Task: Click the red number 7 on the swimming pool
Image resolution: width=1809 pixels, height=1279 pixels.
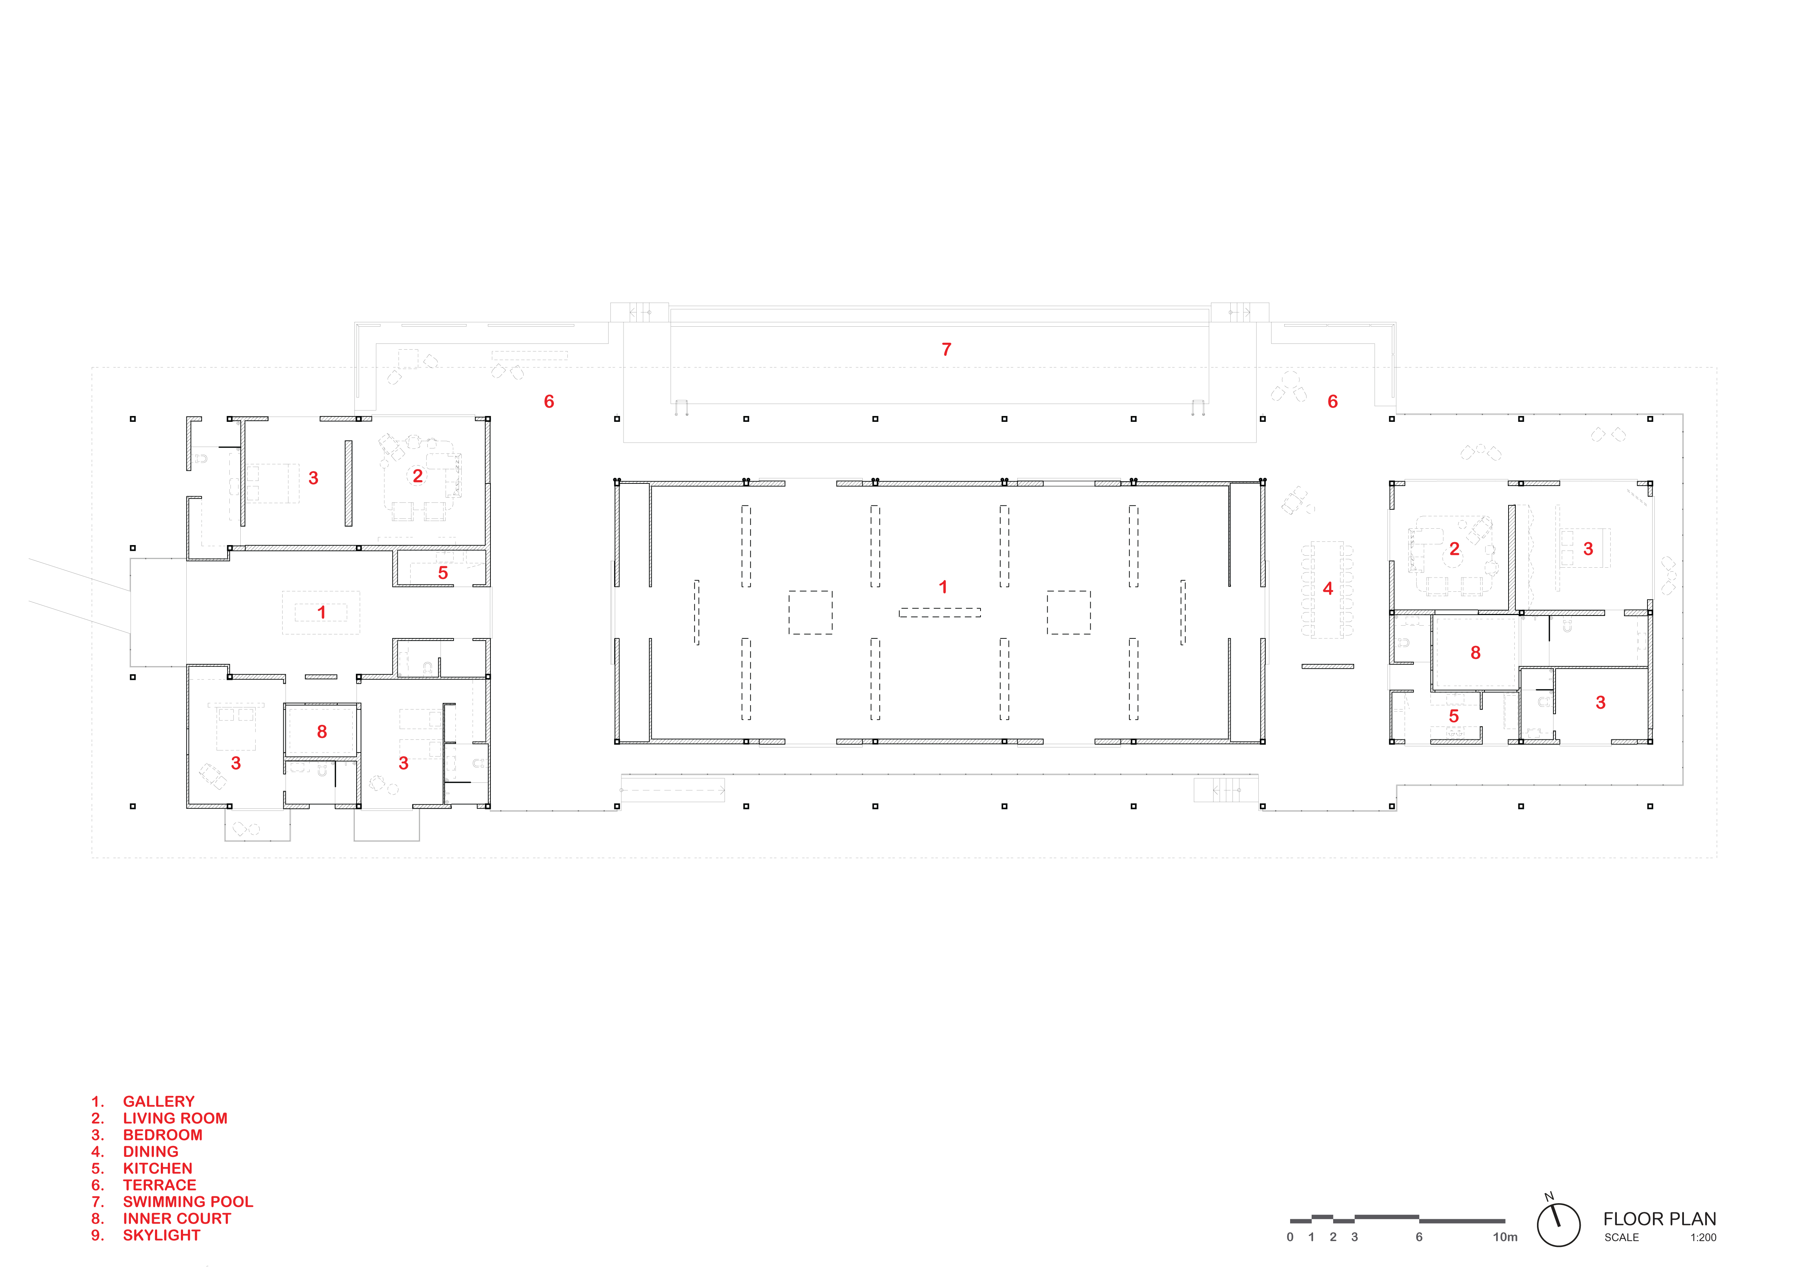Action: point(946,350)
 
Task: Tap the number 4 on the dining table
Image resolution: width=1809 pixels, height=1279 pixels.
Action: point(1328,588)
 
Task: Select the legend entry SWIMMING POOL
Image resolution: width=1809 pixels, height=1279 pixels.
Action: point(187,1202)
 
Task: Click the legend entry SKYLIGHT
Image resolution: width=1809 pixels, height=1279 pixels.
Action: point(162,1235)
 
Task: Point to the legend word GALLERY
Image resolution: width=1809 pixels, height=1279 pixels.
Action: point(158,1102)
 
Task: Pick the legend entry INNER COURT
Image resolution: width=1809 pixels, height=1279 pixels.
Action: point(176,1218)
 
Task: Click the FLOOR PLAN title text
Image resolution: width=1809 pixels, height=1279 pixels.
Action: point(1659,1219)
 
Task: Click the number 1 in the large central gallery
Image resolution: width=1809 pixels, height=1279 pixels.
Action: point(943,587)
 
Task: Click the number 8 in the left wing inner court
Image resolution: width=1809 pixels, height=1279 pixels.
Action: point(322,732)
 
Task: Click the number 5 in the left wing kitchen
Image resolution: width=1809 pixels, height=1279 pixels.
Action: point(443,574)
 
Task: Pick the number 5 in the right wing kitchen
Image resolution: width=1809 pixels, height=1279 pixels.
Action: point(1454,716)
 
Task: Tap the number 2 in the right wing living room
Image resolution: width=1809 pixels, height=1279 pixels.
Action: point(1455,549)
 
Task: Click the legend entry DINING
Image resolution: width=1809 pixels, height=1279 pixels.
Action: point(151,1151)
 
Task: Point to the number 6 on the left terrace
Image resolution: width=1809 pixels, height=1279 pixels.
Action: point(549,402)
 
